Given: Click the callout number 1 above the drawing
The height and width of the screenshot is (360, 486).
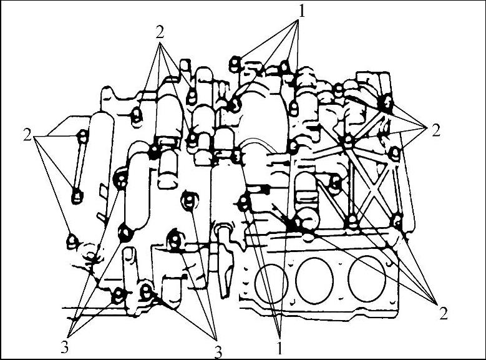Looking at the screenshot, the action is tap(301, 12).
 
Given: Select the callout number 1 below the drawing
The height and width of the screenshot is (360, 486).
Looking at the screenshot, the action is tap(279, 348).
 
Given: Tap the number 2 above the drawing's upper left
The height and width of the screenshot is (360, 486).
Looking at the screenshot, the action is tap(160, 32).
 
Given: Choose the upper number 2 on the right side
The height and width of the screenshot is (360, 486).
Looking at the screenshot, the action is tap(436, 131).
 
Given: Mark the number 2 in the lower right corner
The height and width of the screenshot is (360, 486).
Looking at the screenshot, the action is tap(444, 314).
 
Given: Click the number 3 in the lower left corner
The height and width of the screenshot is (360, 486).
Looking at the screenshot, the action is tap(64, 348).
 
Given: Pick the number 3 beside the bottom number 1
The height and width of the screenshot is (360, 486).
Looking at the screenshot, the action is tap(218, 353).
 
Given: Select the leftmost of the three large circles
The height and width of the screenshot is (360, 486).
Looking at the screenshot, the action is tap(271, 284).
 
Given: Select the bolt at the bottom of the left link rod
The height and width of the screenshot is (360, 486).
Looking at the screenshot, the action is tap(77, 196).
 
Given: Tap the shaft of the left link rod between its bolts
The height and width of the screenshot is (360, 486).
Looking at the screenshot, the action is tap(80, 165).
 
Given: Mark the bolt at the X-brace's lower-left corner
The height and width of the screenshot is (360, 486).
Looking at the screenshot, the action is tap(352, 221).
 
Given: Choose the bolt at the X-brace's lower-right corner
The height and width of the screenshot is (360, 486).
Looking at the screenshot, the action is tap(397, 221).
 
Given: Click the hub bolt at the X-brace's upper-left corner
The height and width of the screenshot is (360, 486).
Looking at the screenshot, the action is tap(348, 140).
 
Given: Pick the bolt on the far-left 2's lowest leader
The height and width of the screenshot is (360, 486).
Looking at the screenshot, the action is tap(72, 241).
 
